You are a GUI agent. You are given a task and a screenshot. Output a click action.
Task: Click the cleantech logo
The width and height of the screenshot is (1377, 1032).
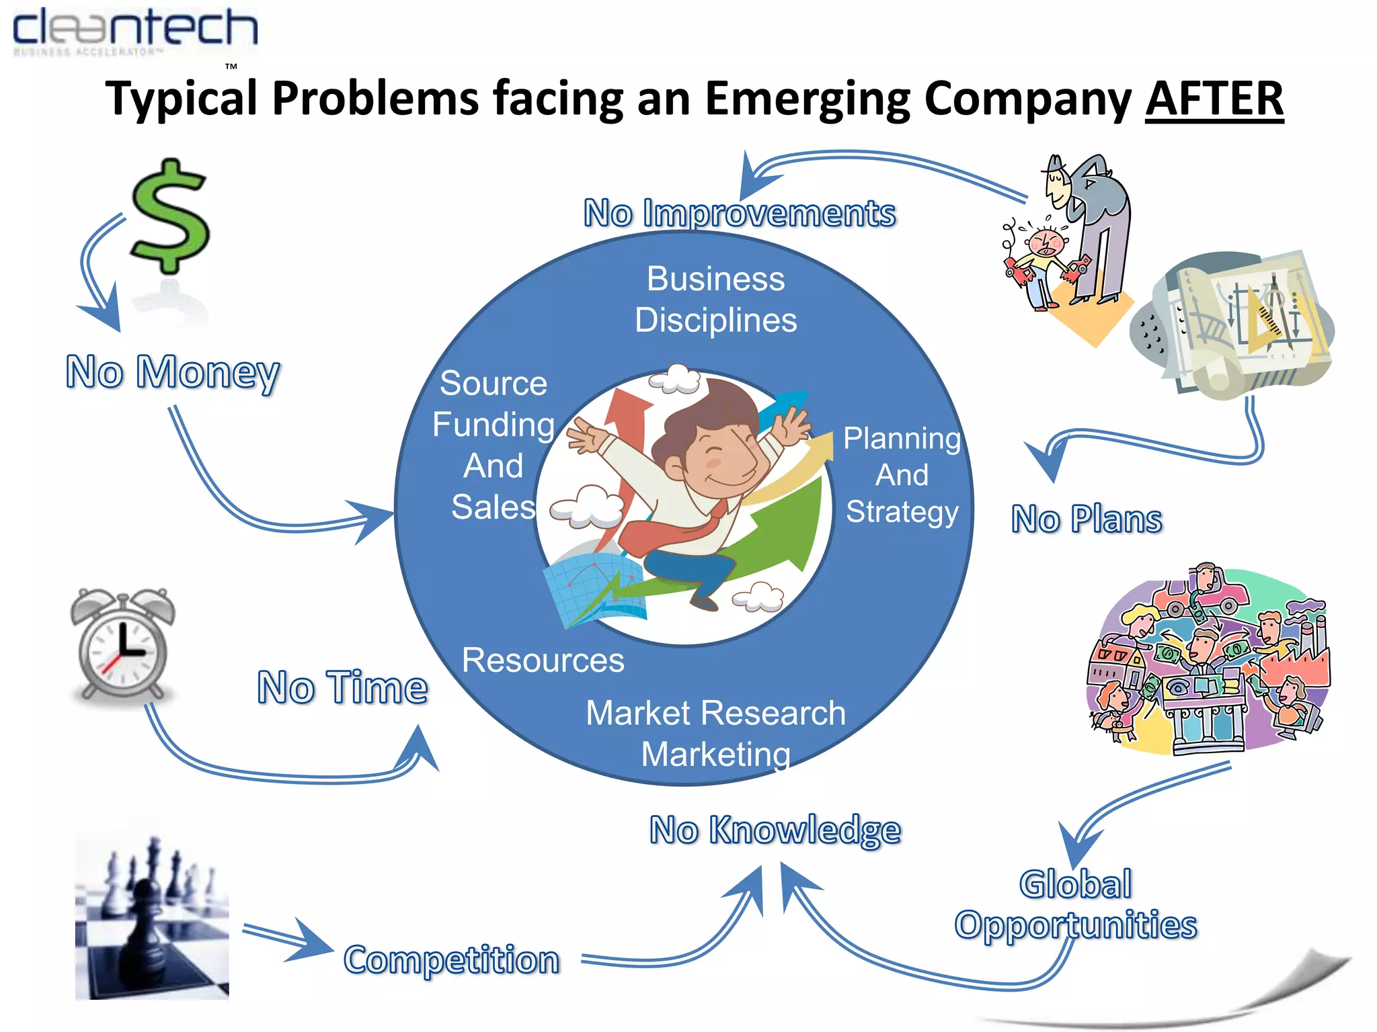tap(134, 31)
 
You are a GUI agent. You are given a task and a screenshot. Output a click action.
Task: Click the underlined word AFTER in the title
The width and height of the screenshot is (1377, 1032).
tap(1214, 99)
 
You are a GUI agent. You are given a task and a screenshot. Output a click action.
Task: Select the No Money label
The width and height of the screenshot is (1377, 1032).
tap(173, 372)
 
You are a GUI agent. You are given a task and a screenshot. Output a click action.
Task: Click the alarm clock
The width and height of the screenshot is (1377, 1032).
tap(122, 645)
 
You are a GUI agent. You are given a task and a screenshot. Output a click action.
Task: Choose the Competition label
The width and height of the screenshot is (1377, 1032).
tap(451, 959)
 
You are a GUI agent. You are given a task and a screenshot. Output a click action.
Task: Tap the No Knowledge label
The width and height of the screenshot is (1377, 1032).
tap(775, 830)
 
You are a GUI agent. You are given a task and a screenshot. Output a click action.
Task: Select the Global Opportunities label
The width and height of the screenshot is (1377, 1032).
tap(1076, 904)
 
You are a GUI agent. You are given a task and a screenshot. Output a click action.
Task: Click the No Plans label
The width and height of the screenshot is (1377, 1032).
tap(1087, 519)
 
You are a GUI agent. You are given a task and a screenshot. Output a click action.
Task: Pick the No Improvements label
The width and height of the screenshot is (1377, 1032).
tap(739, 214)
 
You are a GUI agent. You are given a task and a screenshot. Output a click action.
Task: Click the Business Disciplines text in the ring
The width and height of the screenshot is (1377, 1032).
tap(715, 300)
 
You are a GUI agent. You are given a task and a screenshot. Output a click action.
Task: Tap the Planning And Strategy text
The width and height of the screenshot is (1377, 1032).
tap(902, 474)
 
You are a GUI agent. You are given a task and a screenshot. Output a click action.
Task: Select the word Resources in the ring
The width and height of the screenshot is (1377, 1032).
tap(543, 660)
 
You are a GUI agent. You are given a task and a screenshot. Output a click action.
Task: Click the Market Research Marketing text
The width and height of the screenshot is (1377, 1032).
tap(715, 733)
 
